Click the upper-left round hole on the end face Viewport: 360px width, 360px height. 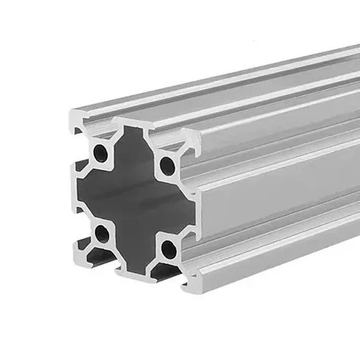100,153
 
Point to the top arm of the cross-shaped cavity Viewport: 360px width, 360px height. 132,148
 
